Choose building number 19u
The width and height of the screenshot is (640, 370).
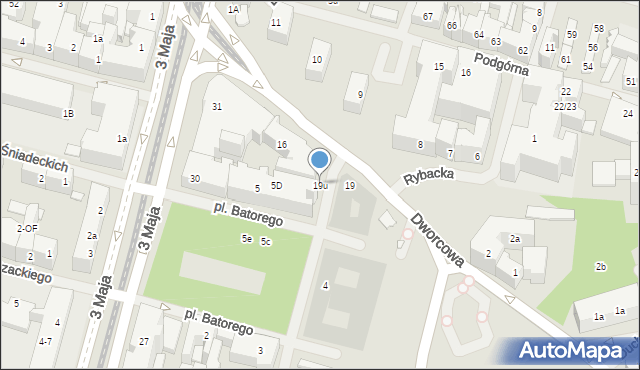coord(320,186)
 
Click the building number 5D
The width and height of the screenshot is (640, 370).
coord(276,186)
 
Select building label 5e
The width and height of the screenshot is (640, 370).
coord(246,239)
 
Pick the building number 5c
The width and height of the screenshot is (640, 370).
coord(266,242)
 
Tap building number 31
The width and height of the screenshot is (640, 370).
coord(216,106)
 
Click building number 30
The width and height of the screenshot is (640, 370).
coord(195,179)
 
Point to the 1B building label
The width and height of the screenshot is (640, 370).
coord(68,114)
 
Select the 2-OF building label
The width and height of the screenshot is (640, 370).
coord(27,228)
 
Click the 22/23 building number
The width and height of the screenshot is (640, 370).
coord(565,106)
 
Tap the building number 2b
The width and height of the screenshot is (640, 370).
coord(601,267)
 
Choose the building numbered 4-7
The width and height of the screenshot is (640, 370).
coord(45,342)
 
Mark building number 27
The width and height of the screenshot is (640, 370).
coord(144,342)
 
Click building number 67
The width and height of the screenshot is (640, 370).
coord(427,17)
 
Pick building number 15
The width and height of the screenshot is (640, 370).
coord(438,66)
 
